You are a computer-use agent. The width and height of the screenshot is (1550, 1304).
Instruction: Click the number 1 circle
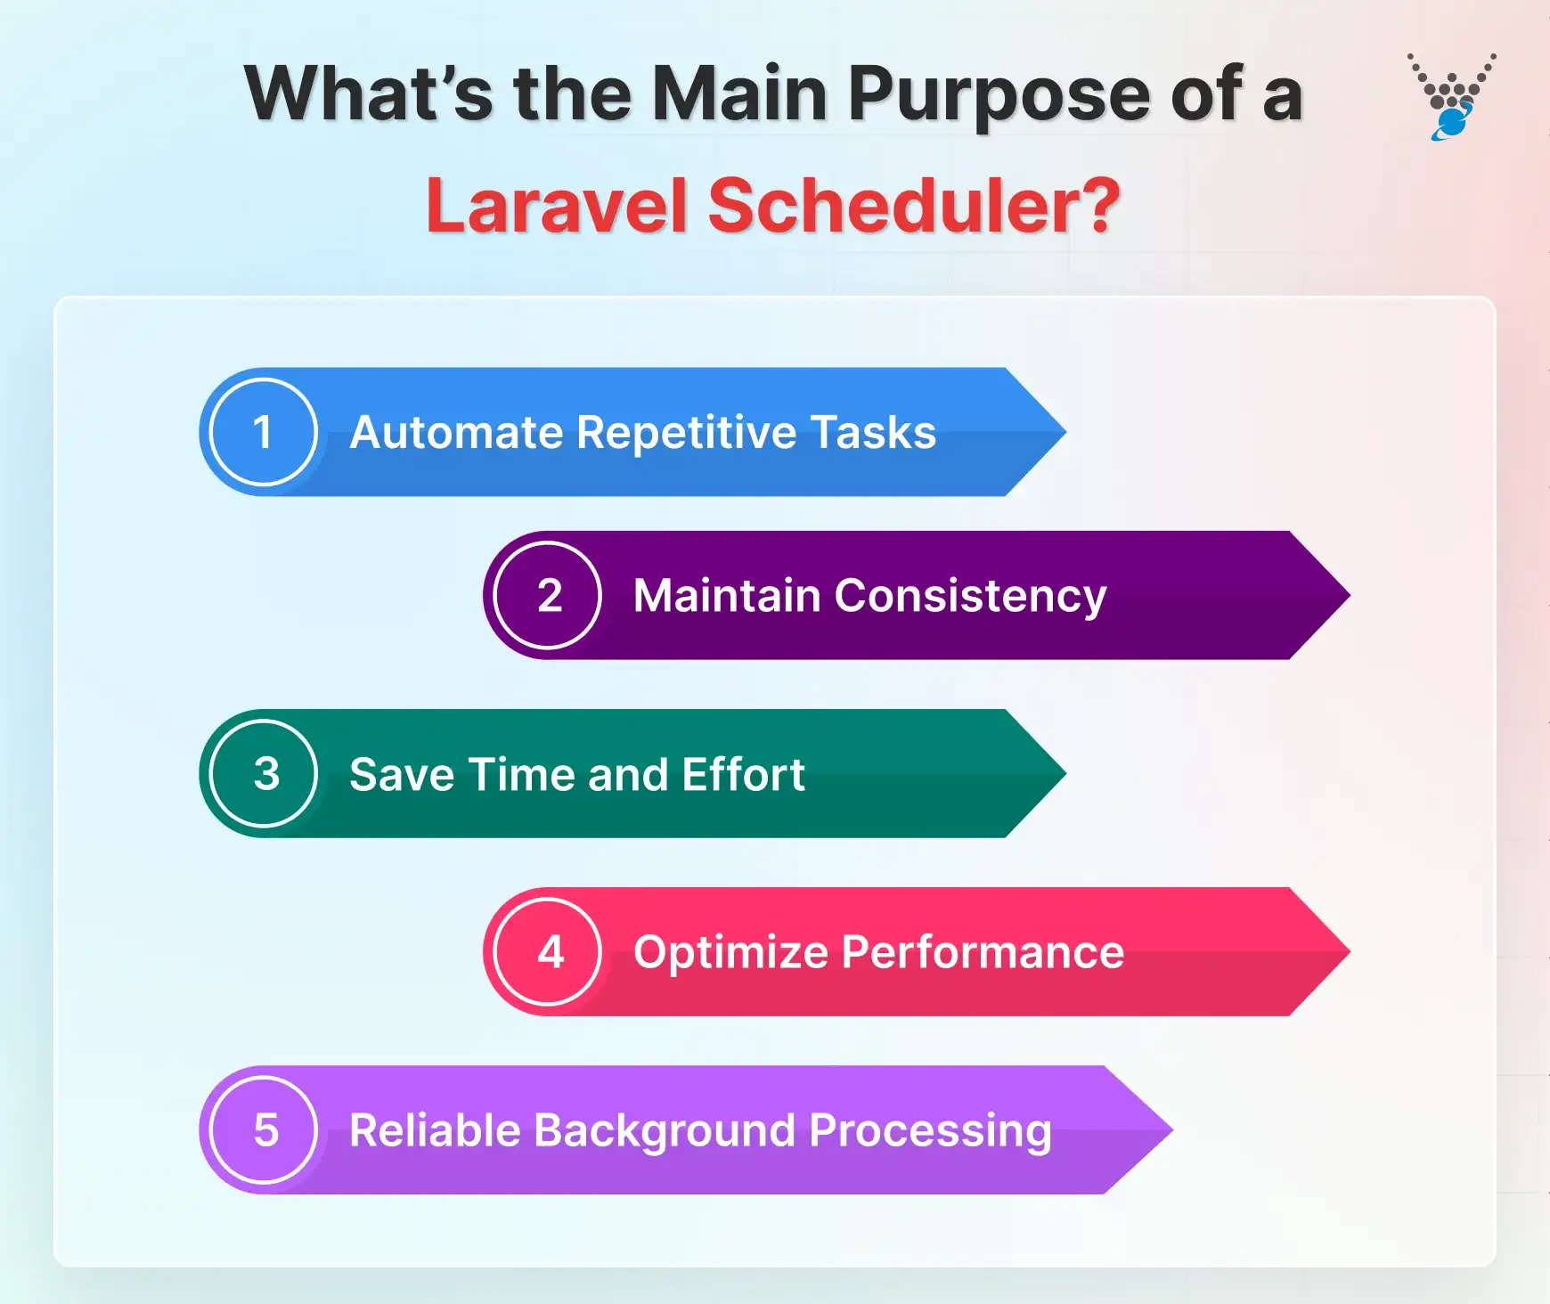pos(263,432)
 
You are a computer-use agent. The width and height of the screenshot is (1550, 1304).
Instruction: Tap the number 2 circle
pos(548,595)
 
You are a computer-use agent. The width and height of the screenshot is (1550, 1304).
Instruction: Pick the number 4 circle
pos(548,951)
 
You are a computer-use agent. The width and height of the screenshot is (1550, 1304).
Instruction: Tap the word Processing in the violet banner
pos(930,1131)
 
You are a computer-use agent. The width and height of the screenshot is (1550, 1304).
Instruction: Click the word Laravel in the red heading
pos(557,206)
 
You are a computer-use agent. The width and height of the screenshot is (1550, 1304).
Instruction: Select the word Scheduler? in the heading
pos(914,206)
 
